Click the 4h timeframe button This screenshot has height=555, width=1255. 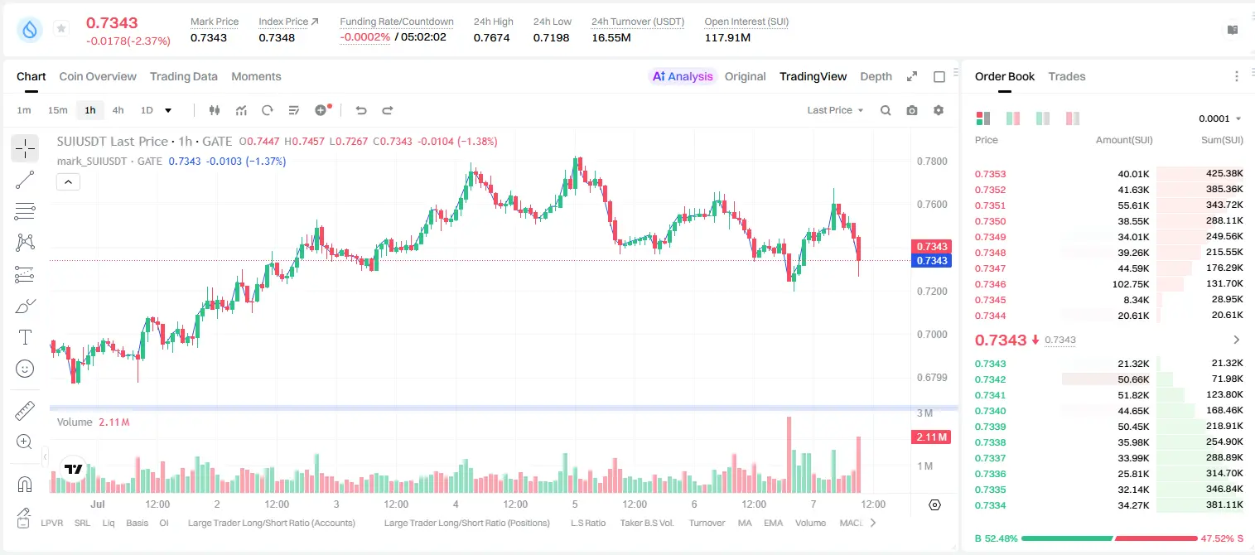[x=118, y=110]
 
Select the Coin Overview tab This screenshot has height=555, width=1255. [x=98, y=76]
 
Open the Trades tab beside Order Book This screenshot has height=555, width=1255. [x=1067, y=76]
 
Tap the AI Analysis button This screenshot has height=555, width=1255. [x=683, y=76]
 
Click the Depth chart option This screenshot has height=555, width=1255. [x=876, y=76]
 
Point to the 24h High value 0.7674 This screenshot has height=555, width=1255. [x=491, y=37]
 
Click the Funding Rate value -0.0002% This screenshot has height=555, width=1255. [x=364, y=37]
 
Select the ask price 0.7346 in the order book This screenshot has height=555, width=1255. [x=990, y=284]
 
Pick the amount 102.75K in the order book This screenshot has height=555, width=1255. [x=1131, y=284]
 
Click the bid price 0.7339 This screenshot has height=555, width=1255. [x=990, y=427]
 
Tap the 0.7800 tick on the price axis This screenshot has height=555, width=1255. [x=932, y=162]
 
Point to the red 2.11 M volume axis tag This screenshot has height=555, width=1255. [x=931, y=437]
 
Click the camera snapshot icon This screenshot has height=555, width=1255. [x=912, y=110]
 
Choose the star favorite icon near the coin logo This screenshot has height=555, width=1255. [x=61, y=28]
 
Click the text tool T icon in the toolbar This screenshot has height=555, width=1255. [x=25, y=337]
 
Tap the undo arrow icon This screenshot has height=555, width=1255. [x=361, y=110]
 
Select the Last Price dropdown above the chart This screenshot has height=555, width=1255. [x=835, y=110]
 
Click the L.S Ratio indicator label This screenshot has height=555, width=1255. [x=587, y=523]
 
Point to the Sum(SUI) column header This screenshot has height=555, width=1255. [x=1222, y=140]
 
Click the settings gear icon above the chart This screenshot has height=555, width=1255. [x=939, y=110]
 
